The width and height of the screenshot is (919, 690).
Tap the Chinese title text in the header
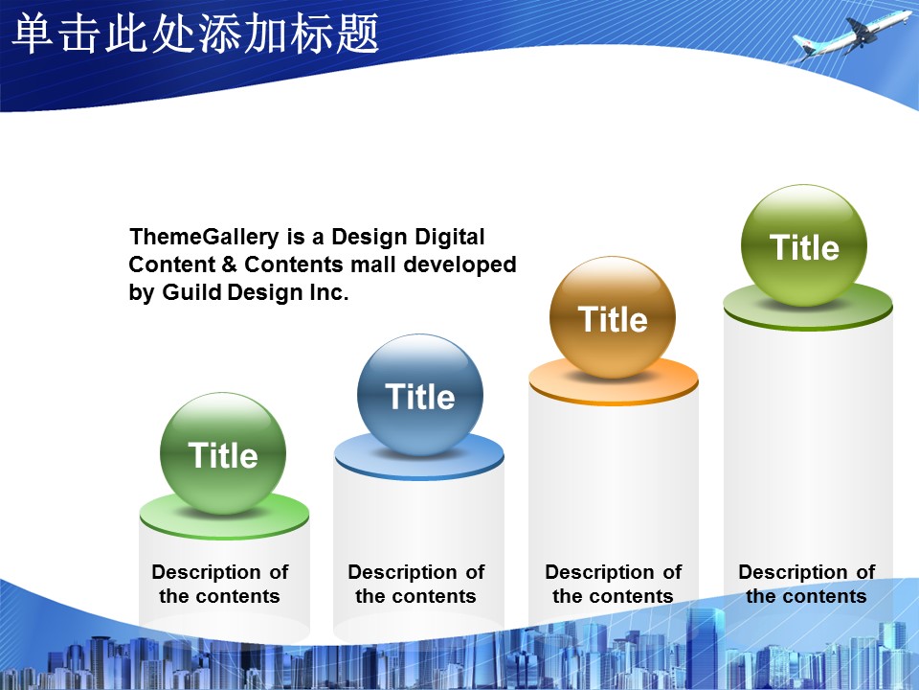tap(195, 34)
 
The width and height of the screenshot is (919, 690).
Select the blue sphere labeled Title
tap(420, 396)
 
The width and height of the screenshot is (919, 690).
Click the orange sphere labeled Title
tap(613, 317)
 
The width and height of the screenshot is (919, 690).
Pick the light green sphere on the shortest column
tap(223, 453)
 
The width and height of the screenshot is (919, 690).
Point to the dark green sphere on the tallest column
tap(804, 245)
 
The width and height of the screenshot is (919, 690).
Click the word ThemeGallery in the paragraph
tap(204, 237)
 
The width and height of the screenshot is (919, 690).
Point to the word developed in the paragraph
tap(459, 265)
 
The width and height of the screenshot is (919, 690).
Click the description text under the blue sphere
tap(416, 584)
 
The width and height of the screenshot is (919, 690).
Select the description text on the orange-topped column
tap(613, 584)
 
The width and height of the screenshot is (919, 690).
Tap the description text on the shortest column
tap(220, 584)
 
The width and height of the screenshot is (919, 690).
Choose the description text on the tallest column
tap(806, 584)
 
